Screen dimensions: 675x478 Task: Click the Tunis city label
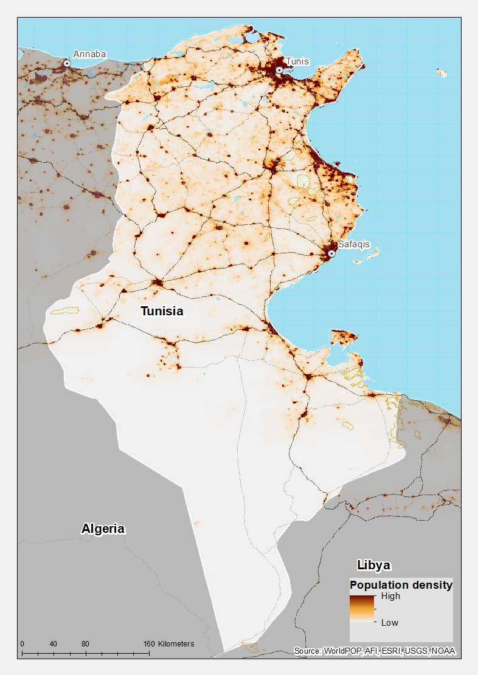297,61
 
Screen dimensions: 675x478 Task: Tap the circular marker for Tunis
279,70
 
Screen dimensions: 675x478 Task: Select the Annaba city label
89,54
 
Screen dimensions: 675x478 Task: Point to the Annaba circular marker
67,63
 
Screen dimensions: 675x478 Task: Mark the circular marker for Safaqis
331,253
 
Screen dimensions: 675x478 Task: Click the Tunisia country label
162,311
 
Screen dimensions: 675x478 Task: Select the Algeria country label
103,529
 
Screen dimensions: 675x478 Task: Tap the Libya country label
373,565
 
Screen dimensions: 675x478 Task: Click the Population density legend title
401,585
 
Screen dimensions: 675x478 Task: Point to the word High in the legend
390,596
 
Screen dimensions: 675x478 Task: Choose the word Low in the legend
390,622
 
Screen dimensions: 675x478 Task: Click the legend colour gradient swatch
362,609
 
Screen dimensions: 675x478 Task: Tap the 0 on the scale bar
22,644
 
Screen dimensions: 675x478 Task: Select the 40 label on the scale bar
54,644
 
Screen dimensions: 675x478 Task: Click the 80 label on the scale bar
85,644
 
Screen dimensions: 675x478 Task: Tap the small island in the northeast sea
442,73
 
